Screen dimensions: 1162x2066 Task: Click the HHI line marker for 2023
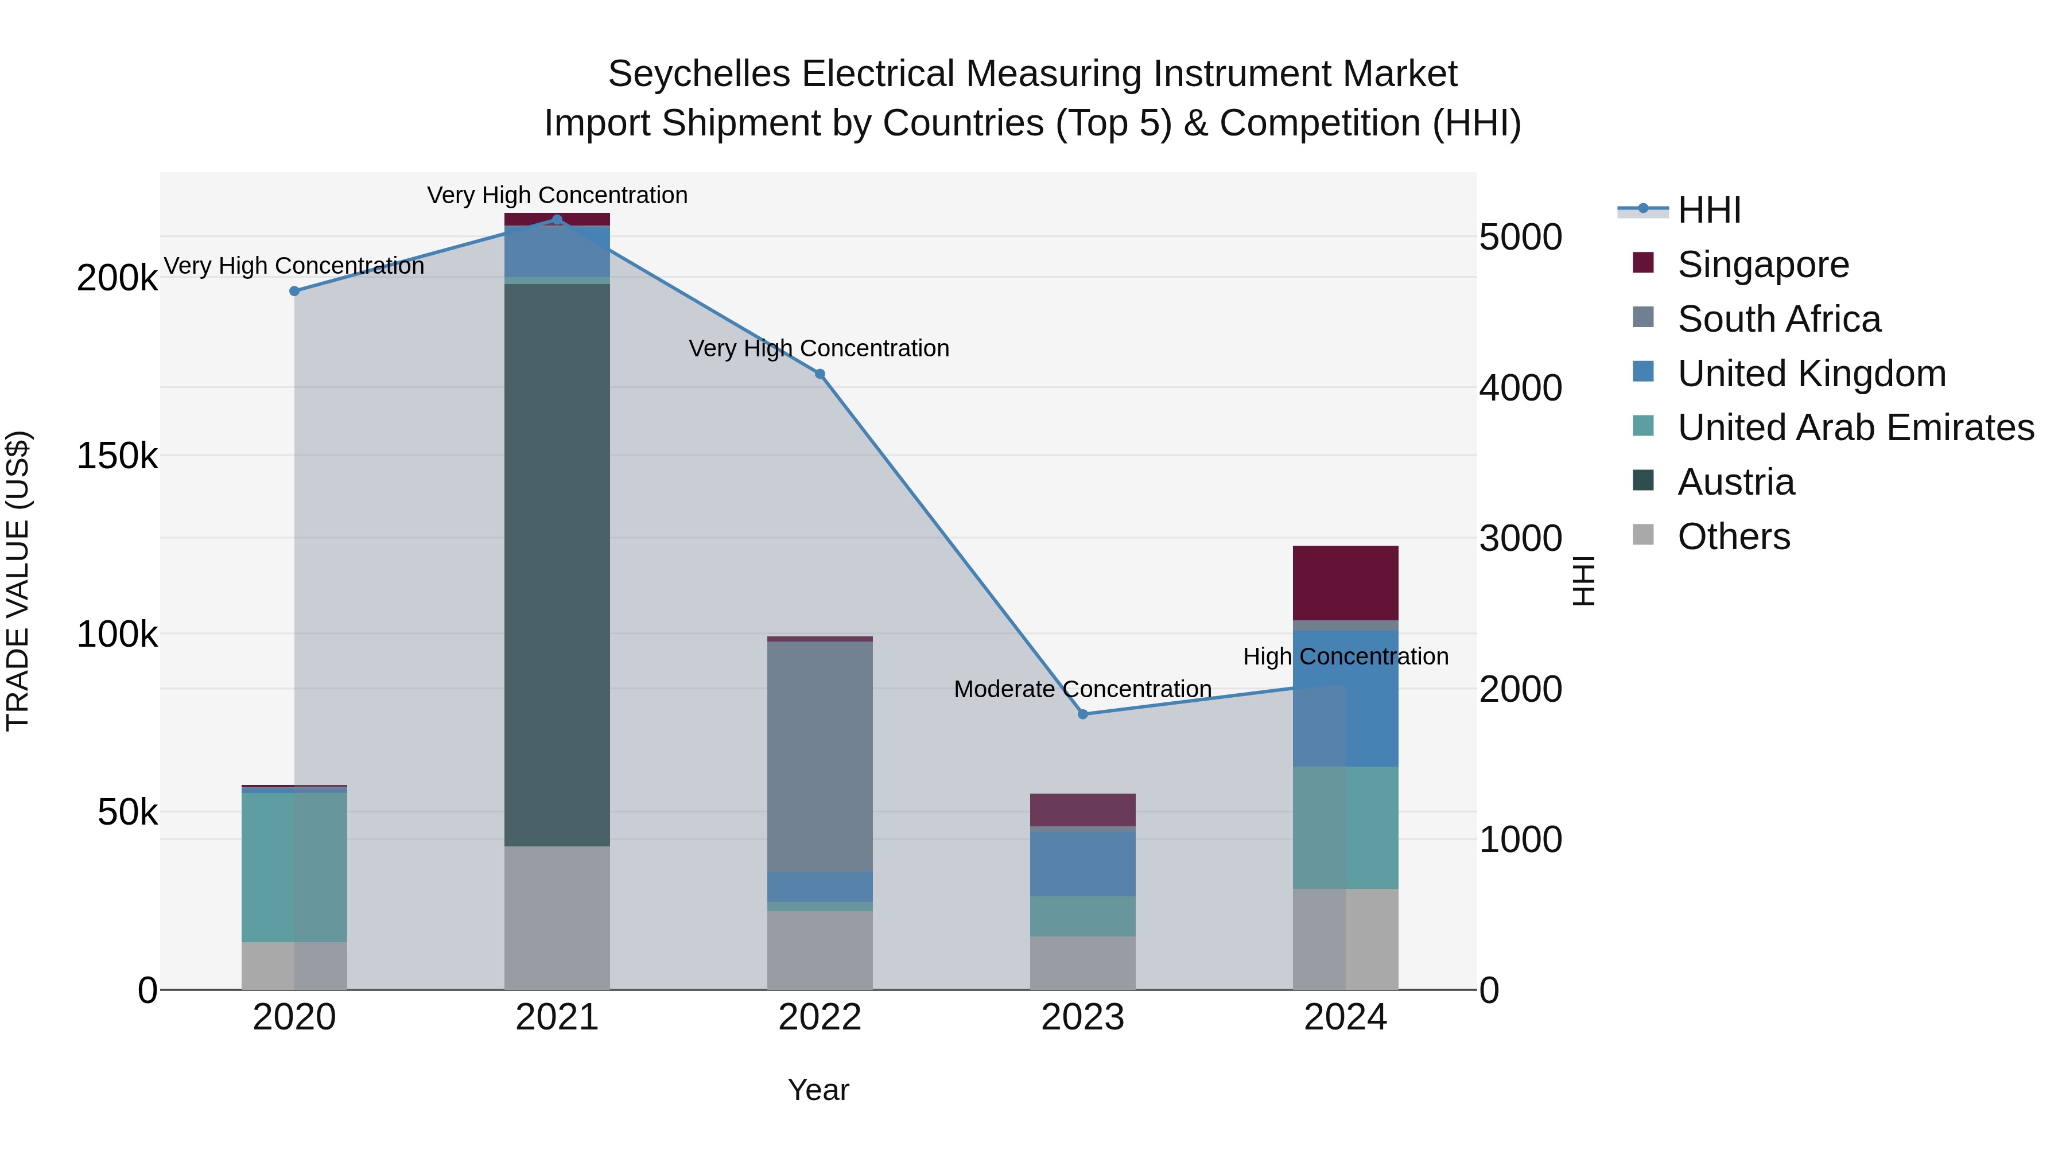coord(1083,714)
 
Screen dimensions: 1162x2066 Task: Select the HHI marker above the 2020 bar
coord(294,291)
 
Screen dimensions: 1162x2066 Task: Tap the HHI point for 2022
coord(820,374)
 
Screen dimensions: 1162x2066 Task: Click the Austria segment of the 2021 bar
coord(557,561)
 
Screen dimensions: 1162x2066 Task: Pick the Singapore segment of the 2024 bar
coord(1345,582)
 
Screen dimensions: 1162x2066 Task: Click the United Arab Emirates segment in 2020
coord(294,866)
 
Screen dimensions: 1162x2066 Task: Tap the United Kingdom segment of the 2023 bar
coord(1083,863)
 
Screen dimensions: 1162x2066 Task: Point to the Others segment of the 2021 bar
coord(557,918)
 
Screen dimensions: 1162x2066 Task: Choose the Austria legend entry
coord(1735,482)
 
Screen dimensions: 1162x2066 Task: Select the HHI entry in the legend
coord(1708,210)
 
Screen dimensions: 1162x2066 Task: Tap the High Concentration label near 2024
coord(1345,656)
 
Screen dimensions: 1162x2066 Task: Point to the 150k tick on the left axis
coord(117,456)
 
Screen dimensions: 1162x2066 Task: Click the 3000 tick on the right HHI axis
coord(1520,538)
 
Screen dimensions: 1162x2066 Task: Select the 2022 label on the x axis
coord(820,1017)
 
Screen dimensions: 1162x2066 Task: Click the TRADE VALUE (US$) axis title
coord(18,581)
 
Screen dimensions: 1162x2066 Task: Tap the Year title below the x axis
coord(818,1090)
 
